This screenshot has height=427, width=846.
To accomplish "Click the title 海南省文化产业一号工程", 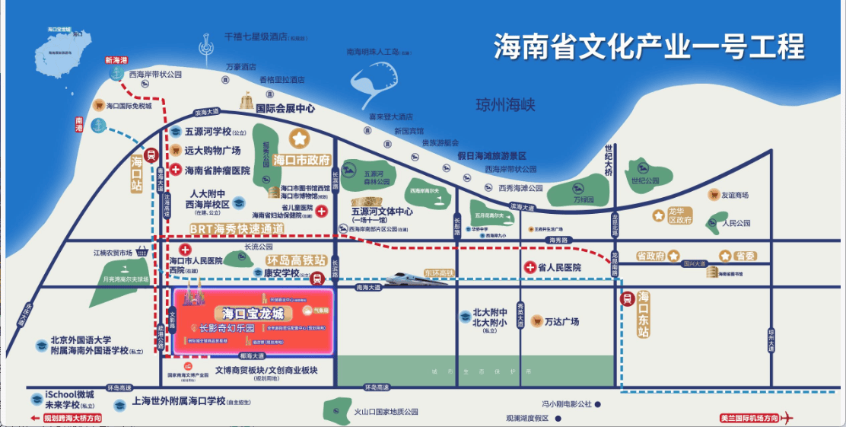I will pyautogui.click(x=648, y=47).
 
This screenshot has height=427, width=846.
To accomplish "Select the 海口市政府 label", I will pyautogui.click(x=301, y=161).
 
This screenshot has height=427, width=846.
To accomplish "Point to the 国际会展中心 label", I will pyautogui.click(x=285, y=109).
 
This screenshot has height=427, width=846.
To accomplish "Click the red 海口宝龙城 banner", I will pyautogui.click(x=253, y=314).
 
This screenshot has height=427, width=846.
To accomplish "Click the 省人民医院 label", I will pyautogui.click(x=559, y=268).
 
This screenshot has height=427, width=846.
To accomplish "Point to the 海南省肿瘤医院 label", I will pyautogui.click(x=218, y=171).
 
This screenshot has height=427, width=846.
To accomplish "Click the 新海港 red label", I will pyautogui.click(x=116, y=60).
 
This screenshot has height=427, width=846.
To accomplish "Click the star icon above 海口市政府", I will pyautogui.click(x=300, y=139).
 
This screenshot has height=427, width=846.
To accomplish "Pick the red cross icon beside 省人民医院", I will pyautogui.click(x=530, y=268).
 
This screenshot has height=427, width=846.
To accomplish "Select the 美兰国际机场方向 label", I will pyautogui.click(x=749, y=418).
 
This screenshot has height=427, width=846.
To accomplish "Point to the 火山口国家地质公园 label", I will pyautogui.click(x=386, y=412).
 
